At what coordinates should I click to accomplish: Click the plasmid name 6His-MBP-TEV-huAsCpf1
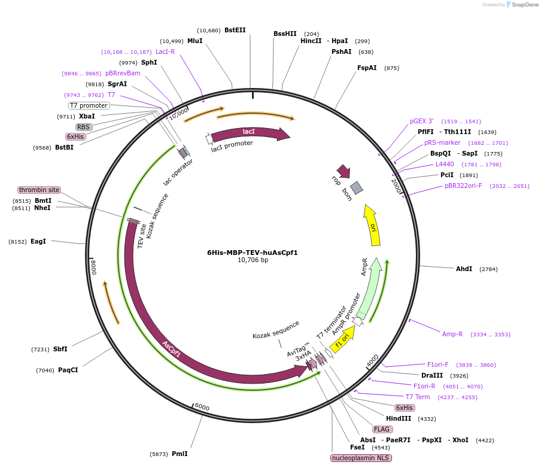point(252,252)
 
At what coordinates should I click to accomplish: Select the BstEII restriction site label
point(235,30)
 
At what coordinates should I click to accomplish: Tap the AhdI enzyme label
point(464,269)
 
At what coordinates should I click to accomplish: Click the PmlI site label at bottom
point(180,454)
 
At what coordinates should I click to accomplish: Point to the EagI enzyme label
point(38,241)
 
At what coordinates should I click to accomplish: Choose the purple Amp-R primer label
point(452,334)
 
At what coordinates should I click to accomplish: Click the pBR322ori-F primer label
point(463,186)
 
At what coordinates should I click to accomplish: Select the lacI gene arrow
point(249,132)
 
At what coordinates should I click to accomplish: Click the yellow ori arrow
point(372,226)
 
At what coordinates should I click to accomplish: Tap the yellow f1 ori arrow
point(342,343)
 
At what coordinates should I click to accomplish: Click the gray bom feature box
point(357,188)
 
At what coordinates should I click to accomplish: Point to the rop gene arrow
point(344,171)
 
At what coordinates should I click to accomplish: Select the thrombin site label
point(39,190)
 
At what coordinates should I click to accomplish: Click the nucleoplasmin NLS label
point(361,458)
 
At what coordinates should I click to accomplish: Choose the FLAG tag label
point(382,429)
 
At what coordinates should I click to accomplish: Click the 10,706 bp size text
point(253,260)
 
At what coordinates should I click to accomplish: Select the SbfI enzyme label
point(60,349)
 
